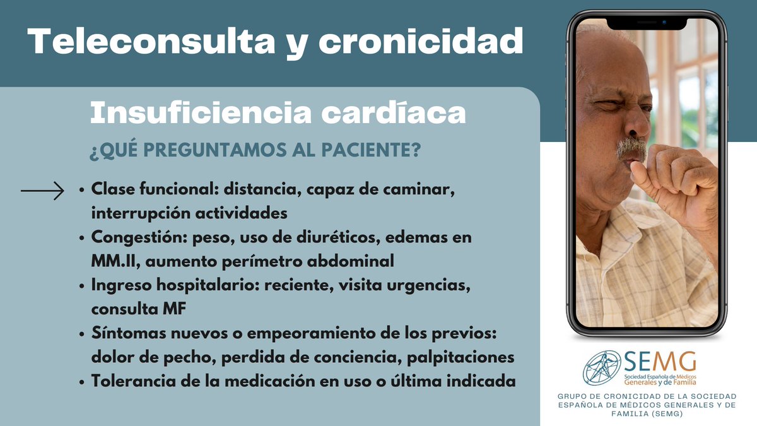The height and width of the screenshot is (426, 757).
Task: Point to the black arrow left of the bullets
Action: pyautogui.click(x=42, y=190)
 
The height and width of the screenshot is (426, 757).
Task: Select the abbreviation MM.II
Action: pyautogui.click(x=112, y=260)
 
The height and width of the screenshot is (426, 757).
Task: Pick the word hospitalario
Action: pyautogui.click(x=199, y=285)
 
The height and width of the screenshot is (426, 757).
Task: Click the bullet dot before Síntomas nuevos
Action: pyautogui.click(x=83, y=333)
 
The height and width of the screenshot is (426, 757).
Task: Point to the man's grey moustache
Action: pyautogui.click(x=630, y=150)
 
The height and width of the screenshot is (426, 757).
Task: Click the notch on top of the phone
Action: pyautogui.click(x=647, y=23)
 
